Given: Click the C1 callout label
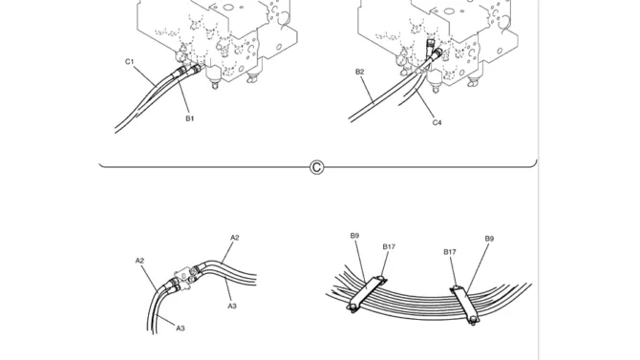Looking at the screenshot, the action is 129,62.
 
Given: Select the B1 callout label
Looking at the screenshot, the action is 190,118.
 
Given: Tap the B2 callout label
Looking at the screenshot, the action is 359,72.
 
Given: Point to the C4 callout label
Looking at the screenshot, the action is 437,122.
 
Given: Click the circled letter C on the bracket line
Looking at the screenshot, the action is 317,167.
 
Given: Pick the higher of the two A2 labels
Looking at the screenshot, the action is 235,238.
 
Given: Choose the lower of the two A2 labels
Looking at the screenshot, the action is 140,261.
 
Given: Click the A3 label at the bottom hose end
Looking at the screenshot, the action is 181,328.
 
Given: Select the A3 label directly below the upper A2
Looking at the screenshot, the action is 232,306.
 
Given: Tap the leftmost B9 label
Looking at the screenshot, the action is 354,236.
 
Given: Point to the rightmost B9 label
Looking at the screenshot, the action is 489,239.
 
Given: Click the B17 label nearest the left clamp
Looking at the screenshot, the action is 389,246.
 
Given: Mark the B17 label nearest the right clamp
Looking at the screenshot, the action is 450,252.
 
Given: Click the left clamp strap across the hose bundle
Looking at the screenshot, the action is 367,293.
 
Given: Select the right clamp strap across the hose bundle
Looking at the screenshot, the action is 464,304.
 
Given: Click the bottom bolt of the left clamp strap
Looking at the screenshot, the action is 352,308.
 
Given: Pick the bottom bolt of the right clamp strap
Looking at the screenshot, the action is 473,321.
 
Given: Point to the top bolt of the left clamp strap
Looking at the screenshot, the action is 381,279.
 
